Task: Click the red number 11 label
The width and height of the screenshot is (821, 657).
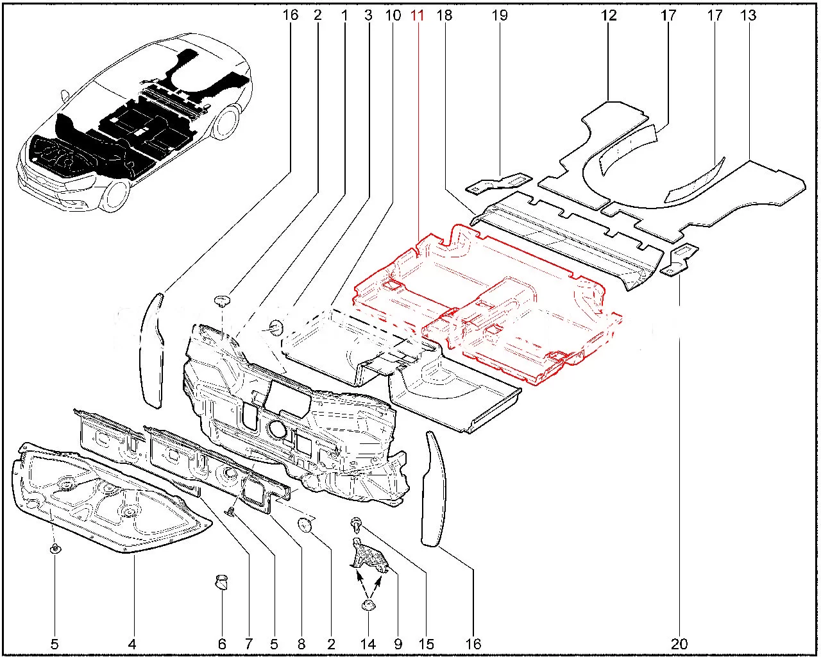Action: coord(418,15)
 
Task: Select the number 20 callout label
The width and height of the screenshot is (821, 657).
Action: coord(680,644)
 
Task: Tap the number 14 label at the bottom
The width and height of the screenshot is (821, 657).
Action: coord(368,644)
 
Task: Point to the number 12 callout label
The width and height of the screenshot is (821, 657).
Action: coord(609,15)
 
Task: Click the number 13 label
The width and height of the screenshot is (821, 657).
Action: coord(749,15)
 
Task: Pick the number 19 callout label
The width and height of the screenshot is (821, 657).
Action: coord(500,15)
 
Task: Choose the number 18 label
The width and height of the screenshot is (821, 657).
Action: coord(444,15)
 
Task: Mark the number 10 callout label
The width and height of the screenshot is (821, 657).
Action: coord(393,15)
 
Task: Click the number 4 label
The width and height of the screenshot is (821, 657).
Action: coord(132,644)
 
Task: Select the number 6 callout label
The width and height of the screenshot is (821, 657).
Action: coord(222,644)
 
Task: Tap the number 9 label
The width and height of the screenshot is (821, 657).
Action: coord(398,644)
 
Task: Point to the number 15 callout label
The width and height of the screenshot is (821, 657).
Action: coord(427,644)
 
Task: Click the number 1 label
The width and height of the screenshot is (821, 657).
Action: coord(344,15)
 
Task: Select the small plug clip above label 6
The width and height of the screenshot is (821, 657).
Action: coord(223,583)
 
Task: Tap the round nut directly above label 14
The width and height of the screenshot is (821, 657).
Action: coord(368,606)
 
